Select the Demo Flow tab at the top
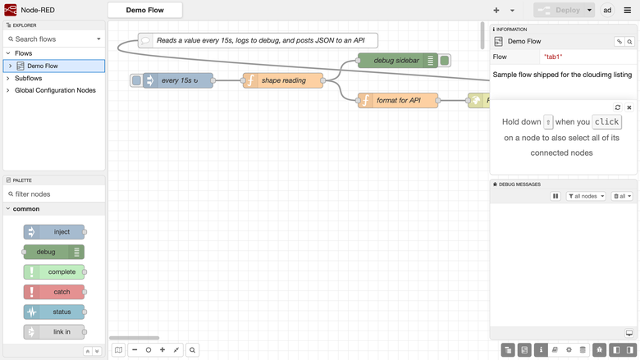[x=145, y=10]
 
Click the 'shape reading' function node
[x=283, y=80]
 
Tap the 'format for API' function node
[x=398, y=100]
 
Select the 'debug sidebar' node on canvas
[x=398, y=61]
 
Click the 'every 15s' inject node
[x=178, y=80]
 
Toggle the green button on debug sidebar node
[x=445, y=61]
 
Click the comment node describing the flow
[x=258, y=40]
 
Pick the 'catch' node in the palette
[x=54, y=292]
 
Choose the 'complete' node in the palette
[x=54, y=272]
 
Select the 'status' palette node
[x=54, y=312]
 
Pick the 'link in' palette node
[x=54, y=332]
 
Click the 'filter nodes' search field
[x=54, y=194]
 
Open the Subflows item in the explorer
[x=28, y=78]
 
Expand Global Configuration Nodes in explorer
[x=55, y=90]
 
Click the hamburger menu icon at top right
[x=628, y=10]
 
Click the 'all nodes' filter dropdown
[x=586, y=196]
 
